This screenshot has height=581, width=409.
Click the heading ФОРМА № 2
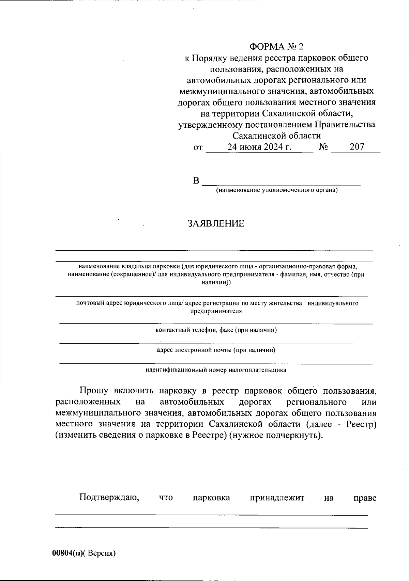pyautogui.click(x=276, y=47)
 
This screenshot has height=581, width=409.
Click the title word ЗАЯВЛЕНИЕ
pyautogui.click(x=216, y=224)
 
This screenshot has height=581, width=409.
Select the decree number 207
pyautogui.click(x=357, y=147)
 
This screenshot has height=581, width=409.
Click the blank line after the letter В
pyautogui.click(x=281, y=183)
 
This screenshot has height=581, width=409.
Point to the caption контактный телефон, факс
pyautogui.click(x=216, y=330)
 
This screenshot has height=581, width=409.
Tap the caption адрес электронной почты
pyautogui.click(x=216, y=350)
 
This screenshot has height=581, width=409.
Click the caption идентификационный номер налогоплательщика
pyautogui.click(x=216, y=370)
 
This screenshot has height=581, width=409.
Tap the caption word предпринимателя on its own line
pyautogui.click(x=216, y=311)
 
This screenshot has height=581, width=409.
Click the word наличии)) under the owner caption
pyautogui.click(x=216, y=282)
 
